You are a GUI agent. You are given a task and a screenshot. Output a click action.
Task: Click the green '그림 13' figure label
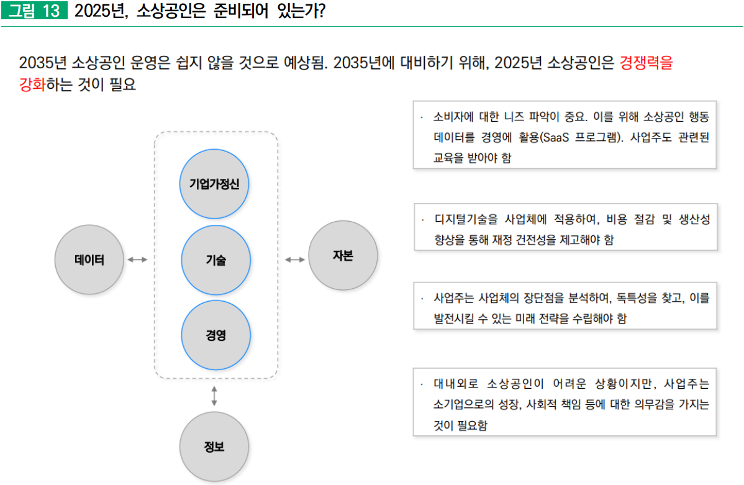(34, 12)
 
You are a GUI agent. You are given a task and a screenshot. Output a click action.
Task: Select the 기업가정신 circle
(214, 184)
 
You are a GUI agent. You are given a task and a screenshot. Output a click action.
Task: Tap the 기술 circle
(215, 260)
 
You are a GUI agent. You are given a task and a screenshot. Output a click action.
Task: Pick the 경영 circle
(215, 335)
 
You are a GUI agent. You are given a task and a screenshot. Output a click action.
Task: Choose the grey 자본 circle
(342, 256)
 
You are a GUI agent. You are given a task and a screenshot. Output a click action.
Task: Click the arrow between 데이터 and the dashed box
(137, 260)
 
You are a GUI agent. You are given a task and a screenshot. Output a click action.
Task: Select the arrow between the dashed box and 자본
(294, 259)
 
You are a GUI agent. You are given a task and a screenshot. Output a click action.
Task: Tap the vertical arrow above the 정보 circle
(214, 396)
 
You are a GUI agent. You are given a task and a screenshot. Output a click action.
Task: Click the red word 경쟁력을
(646, 63)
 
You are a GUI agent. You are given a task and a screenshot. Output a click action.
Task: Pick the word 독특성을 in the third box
(637, 298)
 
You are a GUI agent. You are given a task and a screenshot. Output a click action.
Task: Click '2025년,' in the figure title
(101, 12)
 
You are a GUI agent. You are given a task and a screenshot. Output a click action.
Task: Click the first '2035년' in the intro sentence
(43, 63)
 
